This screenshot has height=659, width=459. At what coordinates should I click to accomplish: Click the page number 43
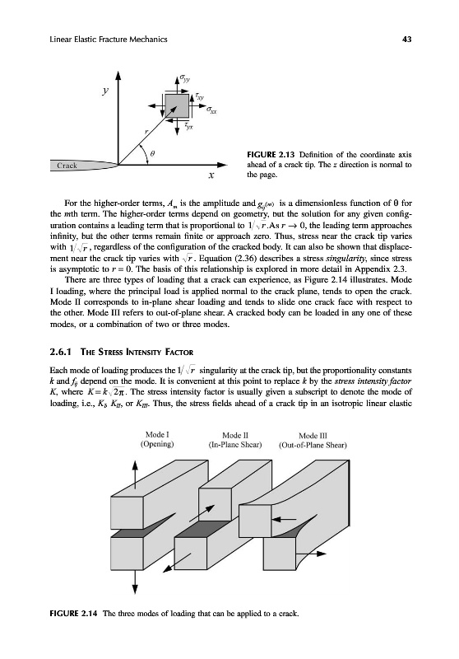[406, 40]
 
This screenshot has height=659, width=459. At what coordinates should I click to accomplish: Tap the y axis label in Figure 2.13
[106, 91]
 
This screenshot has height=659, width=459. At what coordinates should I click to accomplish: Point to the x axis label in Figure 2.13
[211, 175]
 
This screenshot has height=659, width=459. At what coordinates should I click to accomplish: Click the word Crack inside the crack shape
[67, 166]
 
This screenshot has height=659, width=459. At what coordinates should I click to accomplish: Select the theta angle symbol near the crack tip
[153, 155]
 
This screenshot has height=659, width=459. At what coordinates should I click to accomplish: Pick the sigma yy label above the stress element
[184, 78]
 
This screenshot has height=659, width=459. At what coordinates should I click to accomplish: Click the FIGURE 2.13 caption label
[271, 155]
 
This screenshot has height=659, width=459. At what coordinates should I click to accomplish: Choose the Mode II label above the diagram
[235, 436]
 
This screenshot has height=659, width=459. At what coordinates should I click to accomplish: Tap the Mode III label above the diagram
[313, 436]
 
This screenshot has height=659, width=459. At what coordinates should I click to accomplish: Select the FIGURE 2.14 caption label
[73, 613]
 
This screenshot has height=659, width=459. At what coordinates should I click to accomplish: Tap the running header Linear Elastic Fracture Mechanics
[109, 40]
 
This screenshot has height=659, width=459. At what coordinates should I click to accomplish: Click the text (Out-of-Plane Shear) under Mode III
[313, 445]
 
